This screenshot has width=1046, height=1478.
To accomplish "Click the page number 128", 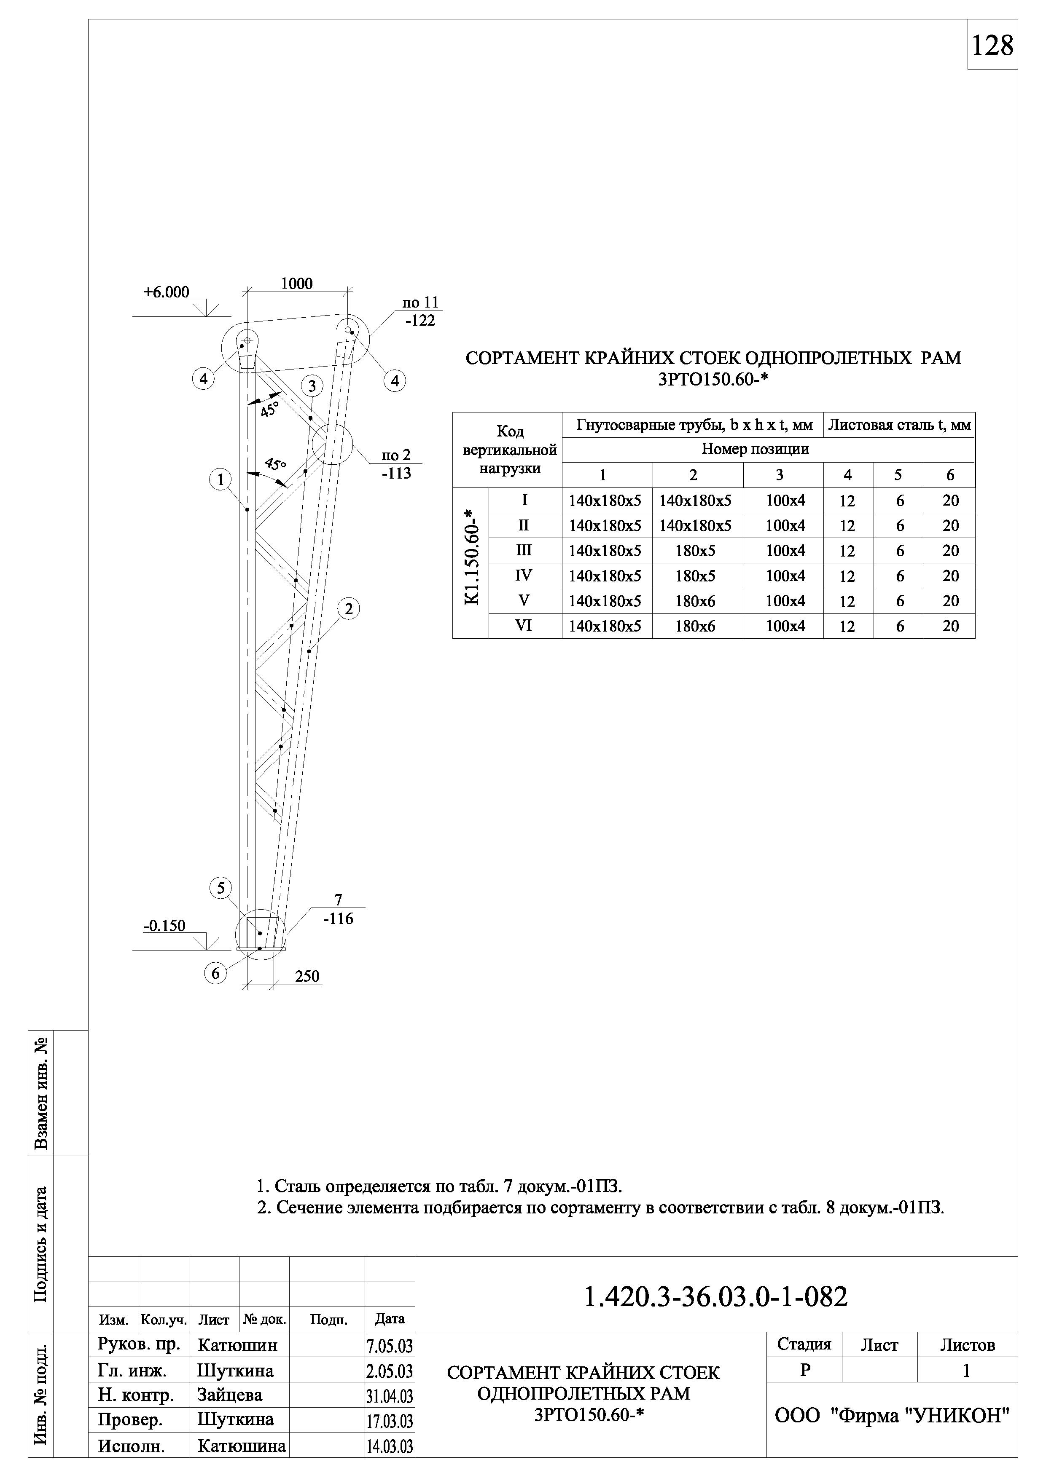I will click(992, 46).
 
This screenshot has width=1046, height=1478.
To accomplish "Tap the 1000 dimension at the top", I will click(296, 284).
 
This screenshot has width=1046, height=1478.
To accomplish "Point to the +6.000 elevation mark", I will click(166, 292).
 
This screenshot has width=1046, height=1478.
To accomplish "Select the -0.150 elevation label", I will click(164, 926).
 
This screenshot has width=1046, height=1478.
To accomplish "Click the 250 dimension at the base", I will click(307, 977).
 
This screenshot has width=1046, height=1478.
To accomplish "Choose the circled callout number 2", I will click(348, 608).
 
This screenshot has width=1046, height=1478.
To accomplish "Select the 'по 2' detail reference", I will click(396, 455).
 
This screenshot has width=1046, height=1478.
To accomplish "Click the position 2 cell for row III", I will click(695, 551).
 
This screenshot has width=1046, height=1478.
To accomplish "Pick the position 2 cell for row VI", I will click(695, 627).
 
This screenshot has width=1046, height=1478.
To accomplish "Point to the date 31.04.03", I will click(390, 1396).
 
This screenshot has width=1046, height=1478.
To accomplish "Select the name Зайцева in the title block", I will click(230, 1395).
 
